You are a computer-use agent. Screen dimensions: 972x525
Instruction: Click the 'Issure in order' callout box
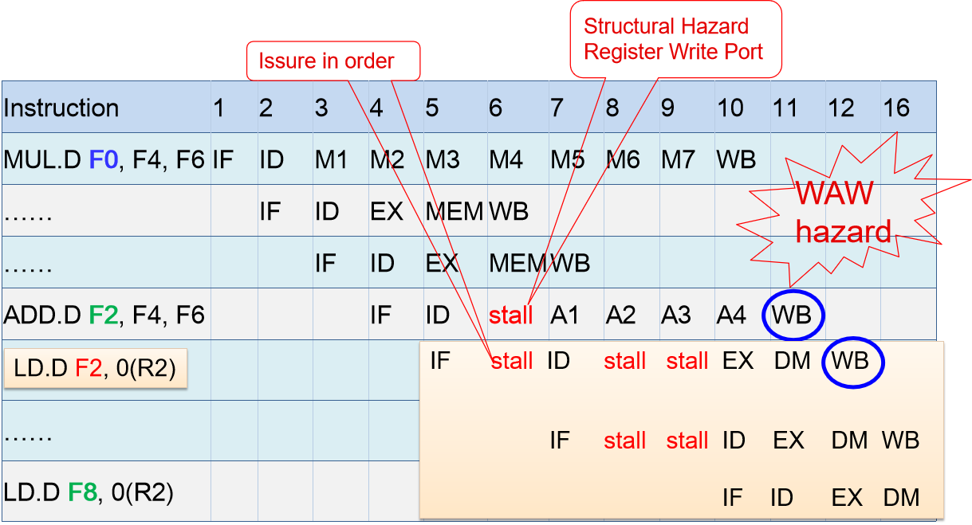click(333, 61)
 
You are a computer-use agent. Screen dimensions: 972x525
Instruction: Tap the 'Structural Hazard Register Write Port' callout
click(674, 39)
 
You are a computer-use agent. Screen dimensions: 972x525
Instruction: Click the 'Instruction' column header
click(61, 108)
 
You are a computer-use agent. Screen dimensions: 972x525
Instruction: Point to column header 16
click(897, 108)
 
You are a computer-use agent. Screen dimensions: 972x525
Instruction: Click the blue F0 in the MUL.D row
click(103, 159)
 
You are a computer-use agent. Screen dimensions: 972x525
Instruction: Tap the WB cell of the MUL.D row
click(735, 159)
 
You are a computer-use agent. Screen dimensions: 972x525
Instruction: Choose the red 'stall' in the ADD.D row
click(511, 315)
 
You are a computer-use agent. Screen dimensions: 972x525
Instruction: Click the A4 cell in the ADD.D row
click(731, 315)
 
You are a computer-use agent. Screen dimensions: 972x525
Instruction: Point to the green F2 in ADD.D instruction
click(104, 315)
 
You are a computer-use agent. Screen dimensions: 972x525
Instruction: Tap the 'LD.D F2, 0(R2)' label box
click(96, 370)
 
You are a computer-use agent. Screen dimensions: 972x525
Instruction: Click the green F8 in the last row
click(82, 492)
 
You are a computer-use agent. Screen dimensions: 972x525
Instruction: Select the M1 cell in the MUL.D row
click(332, 159)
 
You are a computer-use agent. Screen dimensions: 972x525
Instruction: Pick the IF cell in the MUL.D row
click(223, 159)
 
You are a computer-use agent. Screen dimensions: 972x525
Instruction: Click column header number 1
click(218, 108)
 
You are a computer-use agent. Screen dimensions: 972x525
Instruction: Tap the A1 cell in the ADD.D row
click(565, 315)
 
